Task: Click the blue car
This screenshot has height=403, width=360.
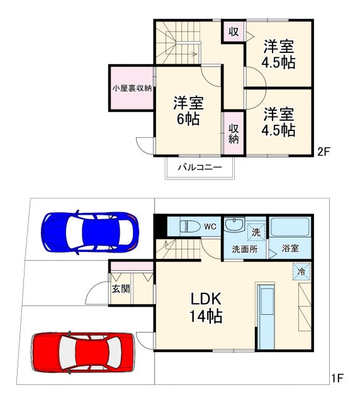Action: (89, 232)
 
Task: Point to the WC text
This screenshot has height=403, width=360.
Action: (210, 226)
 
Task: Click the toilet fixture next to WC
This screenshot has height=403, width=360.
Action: (189, 226)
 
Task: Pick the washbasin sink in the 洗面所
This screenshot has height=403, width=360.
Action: (233, 225)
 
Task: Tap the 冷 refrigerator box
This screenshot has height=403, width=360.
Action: (301, 272)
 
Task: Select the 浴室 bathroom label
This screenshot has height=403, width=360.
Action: (290, 249)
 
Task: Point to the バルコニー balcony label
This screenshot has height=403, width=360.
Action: (199, 167)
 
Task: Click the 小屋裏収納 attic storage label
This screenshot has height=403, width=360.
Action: (132, 88)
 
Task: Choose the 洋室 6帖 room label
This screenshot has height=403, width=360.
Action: (188, 110)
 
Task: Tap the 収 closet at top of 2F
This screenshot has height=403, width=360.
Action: (233, 31)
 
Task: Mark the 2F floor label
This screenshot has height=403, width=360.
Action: (323, 151)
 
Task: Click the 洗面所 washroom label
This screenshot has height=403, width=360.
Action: (244, 249)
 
